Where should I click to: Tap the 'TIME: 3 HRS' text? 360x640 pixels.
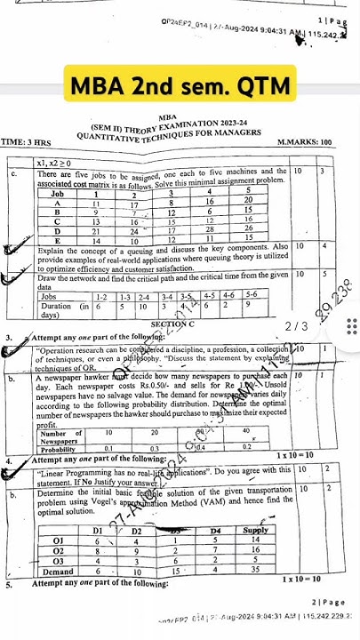click(28, 143)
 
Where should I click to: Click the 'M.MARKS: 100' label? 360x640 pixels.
click(304, 143)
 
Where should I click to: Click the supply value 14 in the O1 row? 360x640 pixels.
click(254, 540)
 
